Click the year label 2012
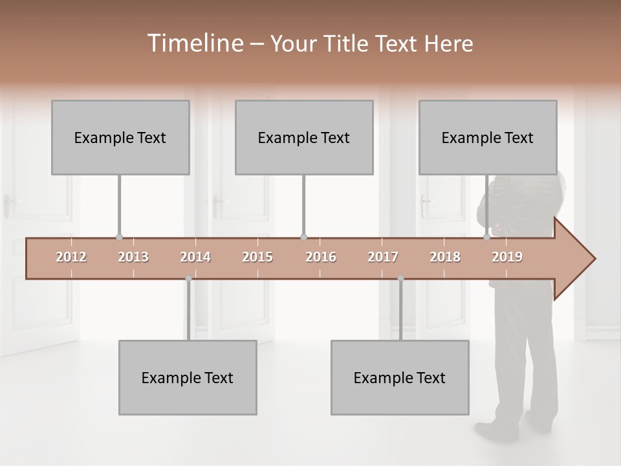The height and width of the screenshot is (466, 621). click(71, 257)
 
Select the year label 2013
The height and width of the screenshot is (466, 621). click(133, 257)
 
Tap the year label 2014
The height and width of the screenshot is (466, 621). click(195, 257)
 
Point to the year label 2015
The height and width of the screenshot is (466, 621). click(257, 257)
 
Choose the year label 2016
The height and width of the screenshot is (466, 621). click(321, 257)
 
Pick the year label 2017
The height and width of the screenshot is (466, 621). click(383, 257)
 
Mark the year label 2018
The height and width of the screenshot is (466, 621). click(445, 257)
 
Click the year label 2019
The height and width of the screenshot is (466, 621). click(507, 257)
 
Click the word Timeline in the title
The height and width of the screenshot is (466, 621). click(194, 43)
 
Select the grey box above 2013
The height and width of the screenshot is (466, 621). click(120, 137)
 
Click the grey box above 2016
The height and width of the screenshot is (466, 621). click(304, 137)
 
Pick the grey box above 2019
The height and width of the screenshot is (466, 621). click(488, 137)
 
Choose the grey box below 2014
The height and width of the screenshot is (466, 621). click(188, 377)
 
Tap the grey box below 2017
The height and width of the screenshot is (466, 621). click(400, 377)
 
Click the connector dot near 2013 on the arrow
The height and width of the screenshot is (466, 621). click(119, 238)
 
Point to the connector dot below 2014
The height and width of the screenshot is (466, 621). click(188, 278)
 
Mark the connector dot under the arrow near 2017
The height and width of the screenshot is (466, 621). click(400, 278)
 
